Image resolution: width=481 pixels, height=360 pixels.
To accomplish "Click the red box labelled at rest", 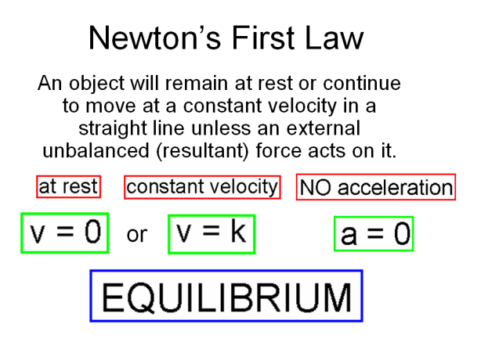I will click(69, 187).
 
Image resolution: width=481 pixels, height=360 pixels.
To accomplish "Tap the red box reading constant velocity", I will click(202, 187).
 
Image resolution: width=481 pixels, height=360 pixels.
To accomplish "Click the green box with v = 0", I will click(63, 232).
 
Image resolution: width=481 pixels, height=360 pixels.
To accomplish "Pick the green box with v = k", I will click(212, 232).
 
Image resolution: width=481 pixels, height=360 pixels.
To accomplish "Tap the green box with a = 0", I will click(374, 234).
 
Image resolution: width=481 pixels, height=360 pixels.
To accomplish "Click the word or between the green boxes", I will click(137, 234).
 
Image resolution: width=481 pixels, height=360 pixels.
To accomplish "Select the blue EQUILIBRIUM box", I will click(226, 297).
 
